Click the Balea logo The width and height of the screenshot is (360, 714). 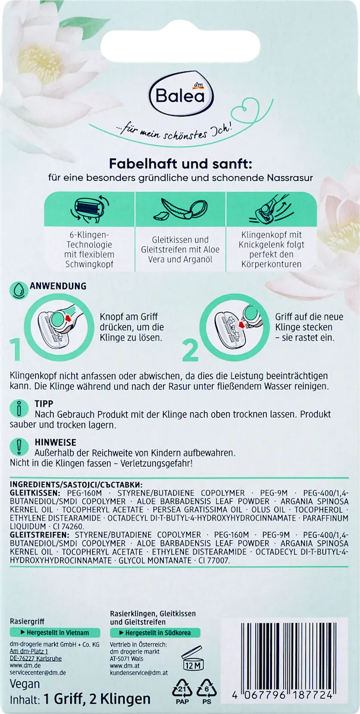coord(180,96)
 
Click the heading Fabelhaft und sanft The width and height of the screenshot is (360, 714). coord(181,164)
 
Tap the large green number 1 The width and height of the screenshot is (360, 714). coord(15,350)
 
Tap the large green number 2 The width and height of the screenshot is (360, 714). coord(190,350)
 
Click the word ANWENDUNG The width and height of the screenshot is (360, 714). coord(58,286)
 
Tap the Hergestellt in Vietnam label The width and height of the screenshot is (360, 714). coord(55,632)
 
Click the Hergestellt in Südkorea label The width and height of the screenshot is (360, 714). coord(155,632)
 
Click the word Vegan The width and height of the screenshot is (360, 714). coord(25,684)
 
